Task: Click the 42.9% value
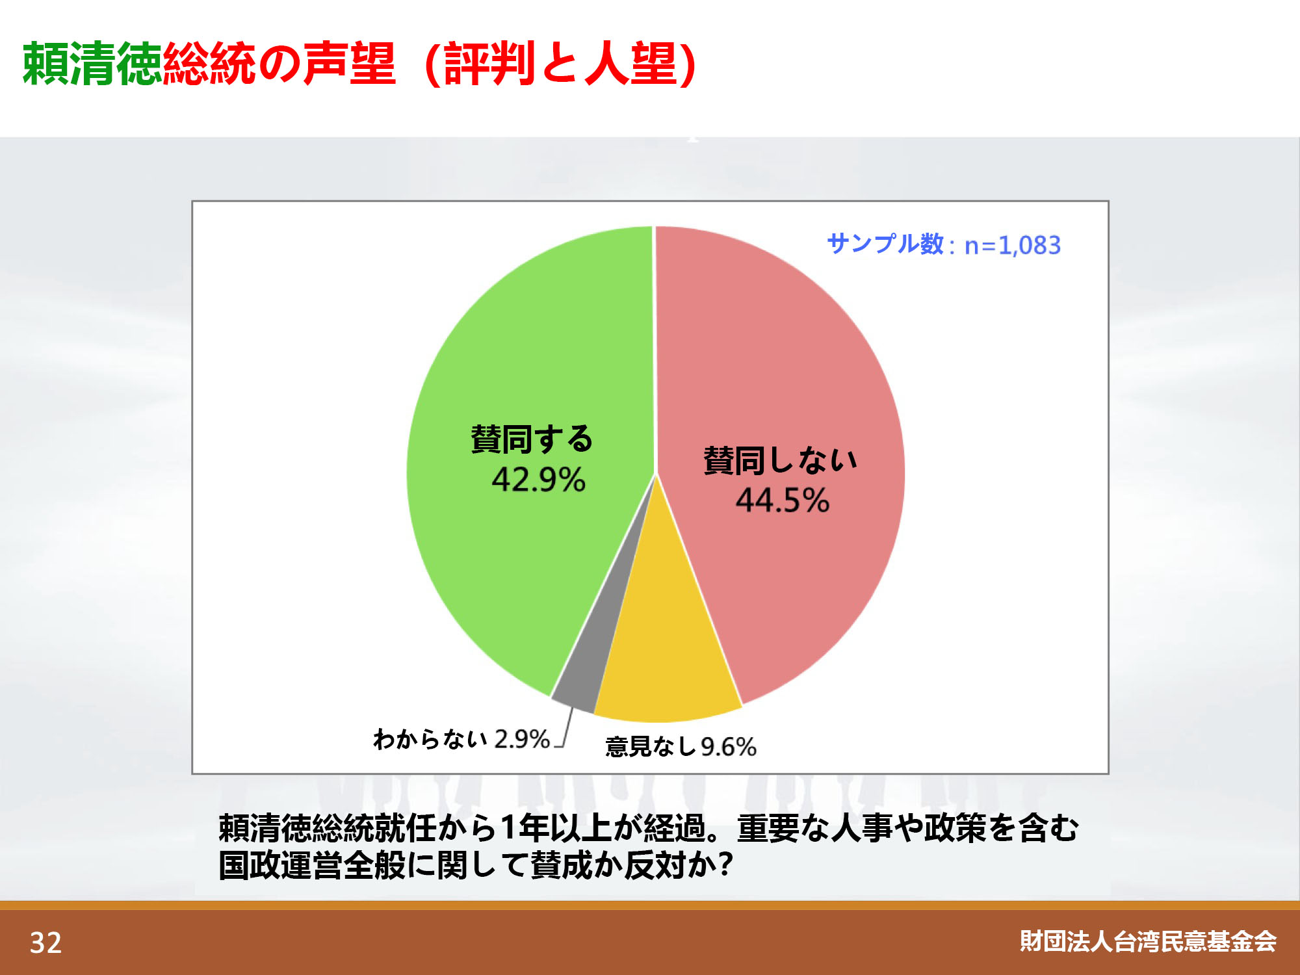(538, 480)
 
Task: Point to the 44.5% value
(783, 500)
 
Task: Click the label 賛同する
(532, 439)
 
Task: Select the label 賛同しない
(781, 460)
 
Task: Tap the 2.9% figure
(522, 739)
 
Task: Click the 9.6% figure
(729, 747)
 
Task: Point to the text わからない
(430, 739)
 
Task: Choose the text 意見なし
(651, 747)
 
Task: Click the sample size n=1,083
(1013, 246)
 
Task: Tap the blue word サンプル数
(885, 244)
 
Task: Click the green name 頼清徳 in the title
(92, 63)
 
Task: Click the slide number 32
(45, 942)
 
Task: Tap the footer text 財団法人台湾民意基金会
(1148, 941)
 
